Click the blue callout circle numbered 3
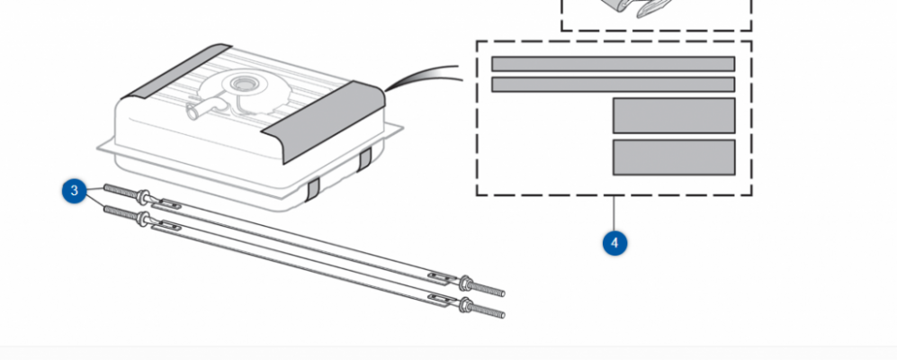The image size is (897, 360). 75,191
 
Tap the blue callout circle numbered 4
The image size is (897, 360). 614,243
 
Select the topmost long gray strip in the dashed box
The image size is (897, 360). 614,64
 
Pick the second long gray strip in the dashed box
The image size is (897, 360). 614,84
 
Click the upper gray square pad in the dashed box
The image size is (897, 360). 674,115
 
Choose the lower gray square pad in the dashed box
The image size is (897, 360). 674,157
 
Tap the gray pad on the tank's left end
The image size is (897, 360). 176,70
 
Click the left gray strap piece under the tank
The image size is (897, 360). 312,189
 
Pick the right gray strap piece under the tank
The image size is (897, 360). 364,159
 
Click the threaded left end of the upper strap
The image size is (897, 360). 121,192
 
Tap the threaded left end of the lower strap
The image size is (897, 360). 121,213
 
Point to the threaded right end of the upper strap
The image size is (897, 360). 488,289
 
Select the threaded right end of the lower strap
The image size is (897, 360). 488,310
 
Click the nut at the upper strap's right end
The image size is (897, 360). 465,283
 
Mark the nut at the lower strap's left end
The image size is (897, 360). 144,220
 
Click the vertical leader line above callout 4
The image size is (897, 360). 614,213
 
